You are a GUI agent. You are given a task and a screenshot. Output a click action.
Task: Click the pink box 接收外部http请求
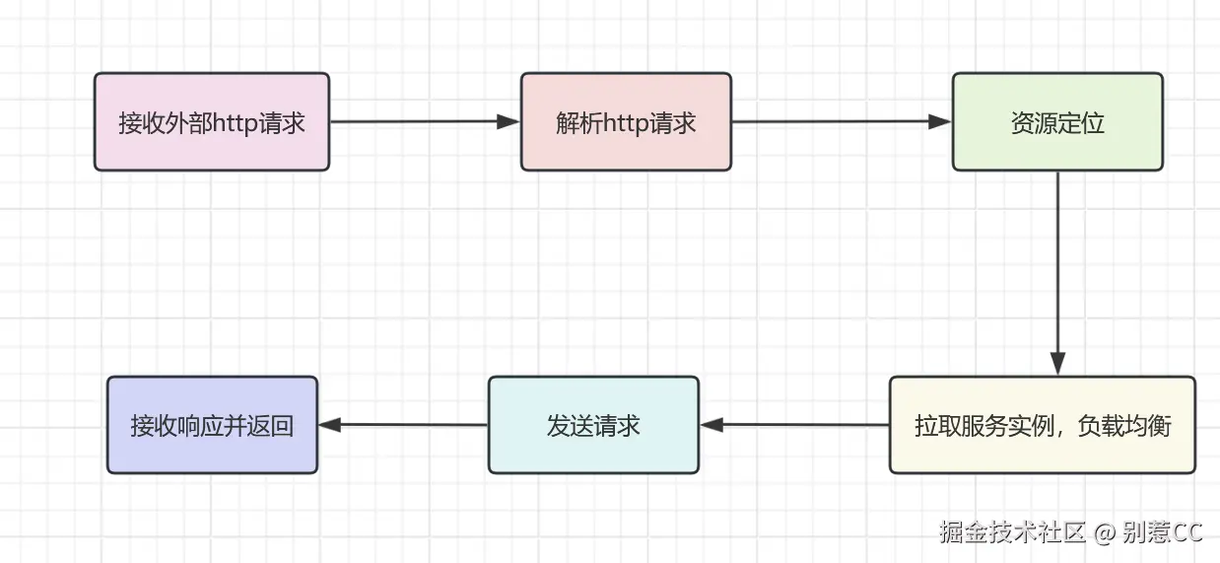(x=211, y=121)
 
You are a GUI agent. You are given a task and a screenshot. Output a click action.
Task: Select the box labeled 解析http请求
(x=626, y=121)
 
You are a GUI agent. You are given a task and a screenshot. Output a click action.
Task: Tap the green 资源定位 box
(x=1057, y=121)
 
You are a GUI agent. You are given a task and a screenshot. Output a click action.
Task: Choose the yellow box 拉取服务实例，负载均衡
(x=1042, y=425)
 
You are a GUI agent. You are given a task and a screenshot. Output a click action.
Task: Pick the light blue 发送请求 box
(x=593, y=425)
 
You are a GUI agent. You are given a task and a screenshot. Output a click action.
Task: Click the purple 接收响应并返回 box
(x=212, y=425)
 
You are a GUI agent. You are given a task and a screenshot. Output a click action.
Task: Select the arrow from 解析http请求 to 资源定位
(x=838, y=122)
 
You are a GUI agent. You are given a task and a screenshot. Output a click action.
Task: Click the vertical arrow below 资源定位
(x=1057, y=266)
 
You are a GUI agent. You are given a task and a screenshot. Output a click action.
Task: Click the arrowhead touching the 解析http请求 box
(x=508, y=122)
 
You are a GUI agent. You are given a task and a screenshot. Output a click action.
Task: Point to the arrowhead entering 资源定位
(x=939, y=122)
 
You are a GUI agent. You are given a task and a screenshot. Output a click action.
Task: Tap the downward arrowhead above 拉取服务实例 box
(x=1057, y=364)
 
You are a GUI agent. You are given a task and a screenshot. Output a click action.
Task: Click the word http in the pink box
(x=242, y=122)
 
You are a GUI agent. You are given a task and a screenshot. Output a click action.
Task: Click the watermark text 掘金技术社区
(x=1011, y=532)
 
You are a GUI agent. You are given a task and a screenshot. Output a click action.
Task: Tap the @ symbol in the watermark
(x=1104, y=533)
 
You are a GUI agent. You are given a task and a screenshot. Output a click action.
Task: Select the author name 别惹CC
(x=1163, y=532)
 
